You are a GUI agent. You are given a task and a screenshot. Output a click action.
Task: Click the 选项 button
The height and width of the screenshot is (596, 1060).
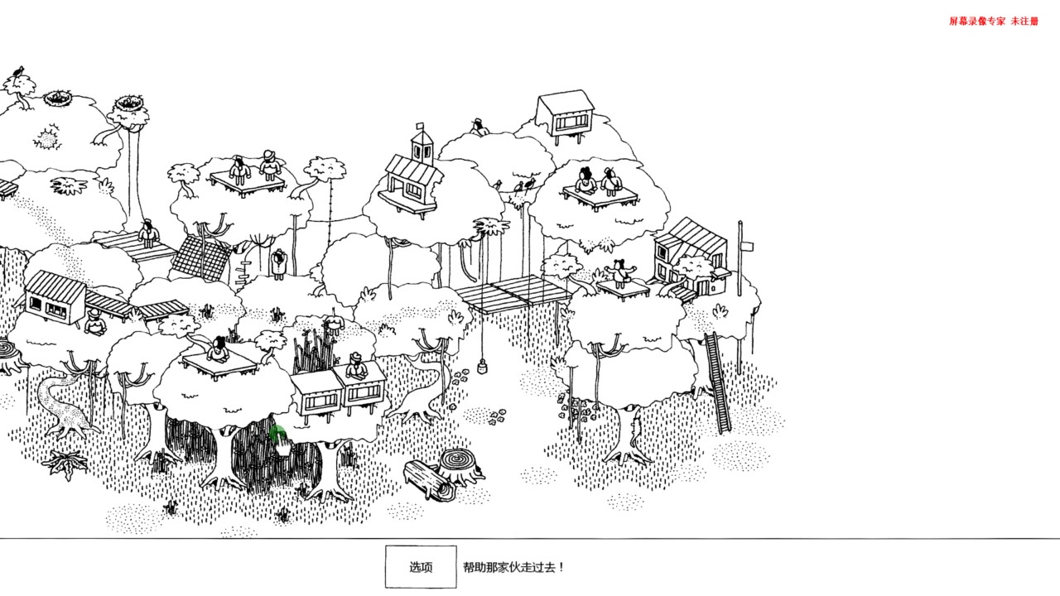pyautogui.click(x=421, y=567)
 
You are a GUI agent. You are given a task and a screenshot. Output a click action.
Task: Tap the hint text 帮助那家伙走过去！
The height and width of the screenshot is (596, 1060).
pyautogui.click(x=513, y=567)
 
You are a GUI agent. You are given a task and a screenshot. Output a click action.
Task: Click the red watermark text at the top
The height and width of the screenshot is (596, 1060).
pyautogui.click(x=993, y=22)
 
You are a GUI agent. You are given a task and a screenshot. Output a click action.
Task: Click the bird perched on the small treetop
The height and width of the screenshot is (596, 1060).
pyautogui.click(x=18, y=71)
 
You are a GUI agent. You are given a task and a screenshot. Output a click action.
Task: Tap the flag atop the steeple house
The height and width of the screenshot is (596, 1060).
pyautogui.click(x=420, y=127)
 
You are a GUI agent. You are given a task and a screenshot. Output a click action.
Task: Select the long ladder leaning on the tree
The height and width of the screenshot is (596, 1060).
pyautogui.click(x=716, y=382)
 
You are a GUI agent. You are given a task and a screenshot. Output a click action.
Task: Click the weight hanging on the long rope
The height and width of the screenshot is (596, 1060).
pyautogui.click(x=482, y=367)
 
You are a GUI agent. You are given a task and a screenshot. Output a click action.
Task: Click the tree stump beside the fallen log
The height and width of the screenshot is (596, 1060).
pyautogui.click(x=460, y=465)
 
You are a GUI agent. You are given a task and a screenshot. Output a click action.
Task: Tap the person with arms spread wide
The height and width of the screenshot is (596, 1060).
pyautogui.click(x=620, y=274)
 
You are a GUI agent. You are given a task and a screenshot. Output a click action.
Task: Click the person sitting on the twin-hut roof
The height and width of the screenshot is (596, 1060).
pyautogui.click(x=356, y=367)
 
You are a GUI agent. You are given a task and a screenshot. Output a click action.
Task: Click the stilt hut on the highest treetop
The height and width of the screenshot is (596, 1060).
pyautogui.click(x=565, y=115)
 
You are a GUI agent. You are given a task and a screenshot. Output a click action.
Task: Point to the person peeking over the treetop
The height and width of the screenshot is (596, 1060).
pyautogui.click(x=479, y=127)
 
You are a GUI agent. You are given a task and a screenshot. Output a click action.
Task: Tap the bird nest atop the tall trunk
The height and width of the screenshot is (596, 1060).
pyautogui.click(x=129, y=103)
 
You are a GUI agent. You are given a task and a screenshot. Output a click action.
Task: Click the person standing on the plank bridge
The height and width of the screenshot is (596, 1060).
pyautogui.click(x=148, y=233)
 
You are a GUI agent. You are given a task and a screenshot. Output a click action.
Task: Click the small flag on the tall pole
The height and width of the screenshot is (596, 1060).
pyautogui.click(x=747, y=246)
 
